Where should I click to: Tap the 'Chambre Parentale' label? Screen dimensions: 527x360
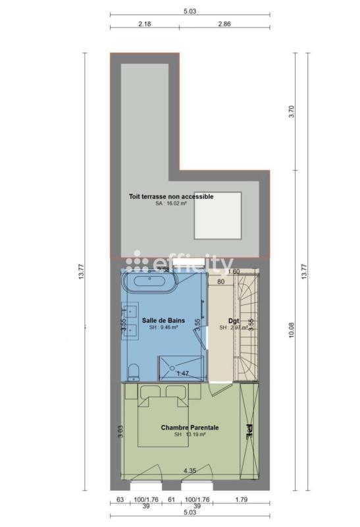tap(190, 428)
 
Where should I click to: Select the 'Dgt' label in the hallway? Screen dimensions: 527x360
tap(233, 321)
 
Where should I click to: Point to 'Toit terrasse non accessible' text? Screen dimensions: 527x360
tap(170, 196)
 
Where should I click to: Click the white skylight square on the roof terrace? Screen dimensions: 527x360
tap(217, 215)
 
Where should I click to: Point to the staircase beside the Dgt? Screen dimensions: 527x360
tap(249, 326)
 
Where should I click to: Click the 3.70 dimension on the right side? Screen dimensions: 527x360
tap(292, 112)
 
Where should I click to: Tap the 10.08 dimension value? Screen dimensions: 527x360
tap(292, 329)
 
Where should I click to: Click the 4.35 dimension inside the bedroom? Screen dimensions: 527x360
tap(190, 470)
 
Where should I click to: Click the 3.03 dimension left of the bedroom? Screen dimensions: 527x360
tap(120, 431)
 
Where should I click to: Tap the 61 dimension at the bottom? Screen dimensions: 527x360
tap(171, 499)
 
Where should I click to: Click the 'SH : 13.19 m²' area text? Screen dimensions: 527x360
tap(190, 435)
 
